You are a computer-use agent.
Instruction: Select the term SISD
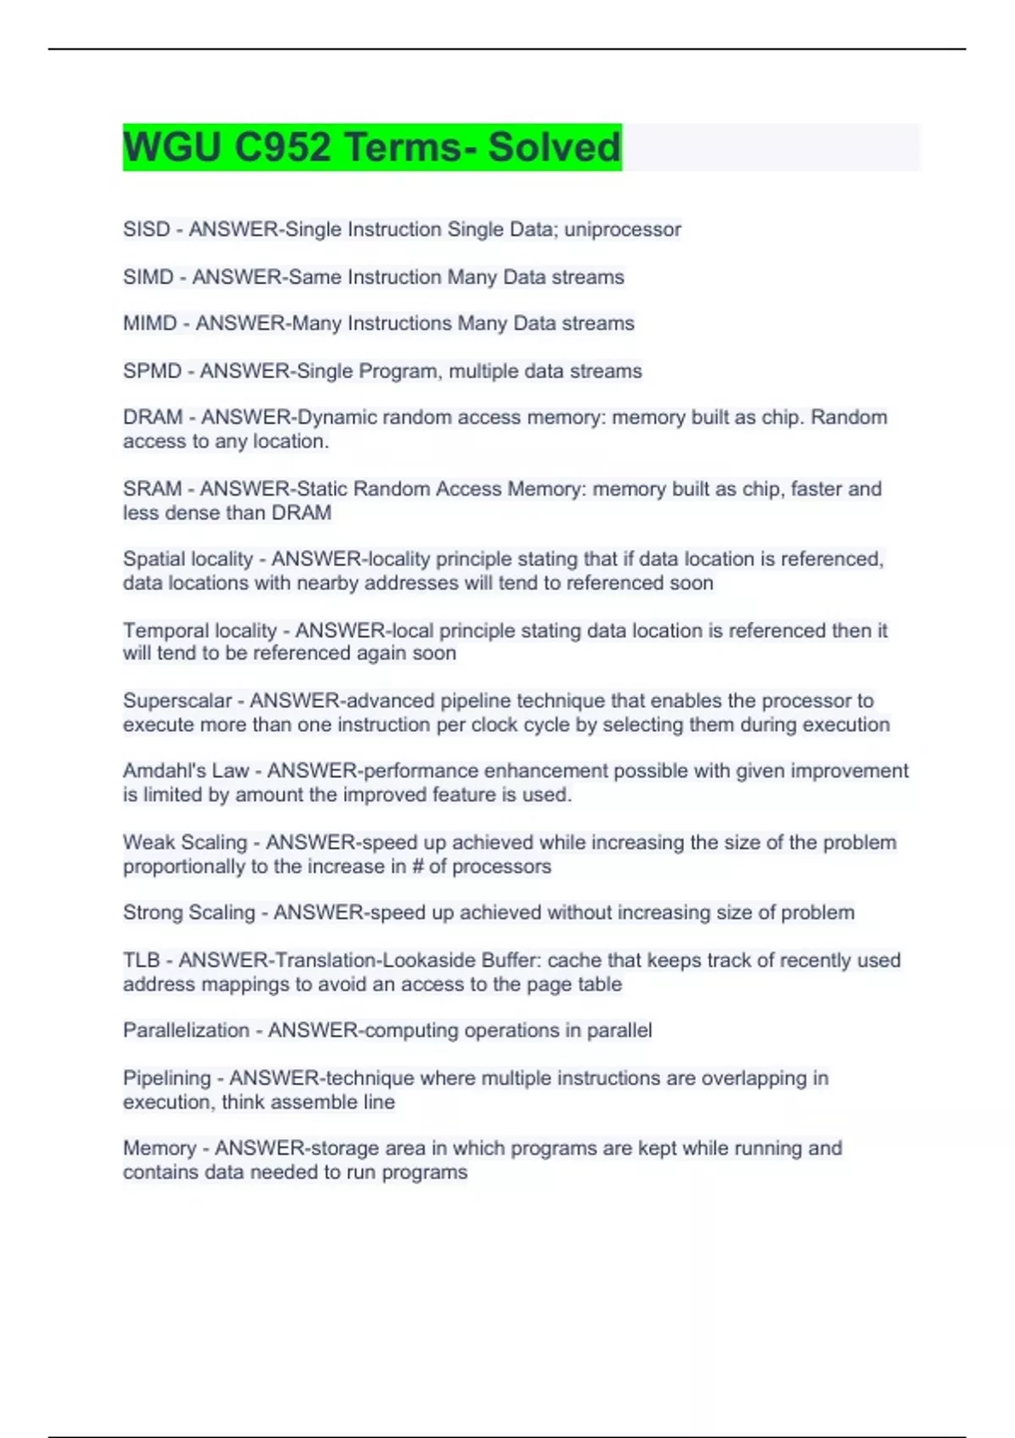coord(146,229)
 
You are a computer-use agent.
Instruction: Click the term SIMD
coord(148,277)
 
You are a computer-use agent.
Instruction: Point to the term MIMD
coord(150,323)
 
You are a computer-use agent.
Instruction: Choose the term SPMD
coord(152,370)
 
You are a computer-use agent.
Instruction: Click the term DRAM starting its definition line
coord(152,417)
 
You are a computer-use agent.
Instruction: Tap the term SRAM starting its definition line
coord(152,488)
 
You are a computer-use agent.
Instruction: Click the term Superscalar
coord(177,700)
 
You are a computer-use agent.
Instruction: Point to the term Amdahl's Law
coord(186,771)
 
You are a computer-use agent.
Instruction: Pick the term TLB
coord(141,960)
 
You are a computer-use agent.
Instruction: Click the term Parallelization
coord(186,1030)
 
